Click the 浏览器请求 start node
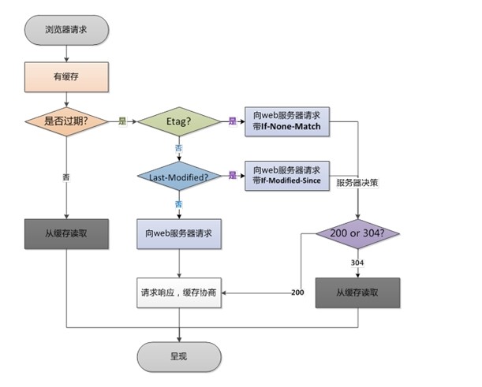coord(66,30)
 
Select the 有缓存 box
coord(66,76)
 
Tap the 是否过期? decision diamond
coord(66,121)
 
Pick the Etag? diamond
coord(179,121)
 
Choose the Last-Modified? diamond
coord(179,177)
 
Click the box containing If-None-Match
coord(286,121)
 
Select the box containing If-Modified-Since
coord(286,176)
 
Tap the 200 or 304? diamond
coord(358,234)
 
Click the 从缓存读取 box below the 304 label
coord(358,291)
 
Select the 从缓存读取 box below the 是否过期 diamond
coord(66,235)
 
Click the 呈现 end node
coord(179,355)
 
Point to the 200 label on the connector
coord(298,292)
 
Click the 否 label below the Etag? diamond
coord(179,147)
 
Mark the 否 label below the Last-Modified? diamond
coord(179,203)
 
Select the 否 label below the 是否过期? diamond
coord(65,177)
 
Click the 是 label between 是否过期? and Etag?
coord(122,121)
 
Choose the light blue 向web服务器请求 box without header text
coord(179,235)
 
